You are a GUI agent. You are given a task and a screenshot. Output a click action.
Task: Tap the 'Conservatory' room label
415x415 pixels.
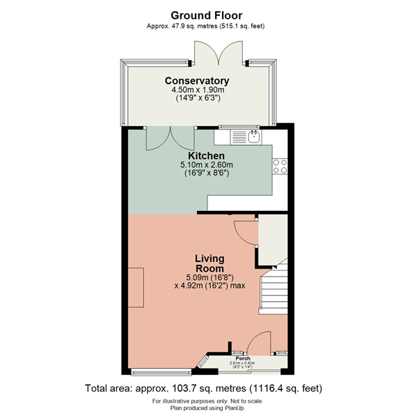(x=201, y=81)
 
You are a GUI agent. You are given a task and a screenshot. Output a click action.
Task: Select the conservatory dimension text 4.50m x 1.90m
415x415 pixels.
(x=201, y=90)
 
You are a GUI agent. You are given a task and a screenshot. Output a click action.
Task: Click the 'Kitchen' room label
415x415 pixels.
(x=201, y=156)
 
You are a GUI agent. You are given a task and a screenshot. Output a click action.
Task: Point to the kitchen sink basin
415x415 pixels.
(x=254, y=136)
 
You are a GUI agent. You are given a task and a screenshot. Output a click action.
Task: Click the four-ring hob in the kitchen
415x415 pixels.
(x=281, y=167)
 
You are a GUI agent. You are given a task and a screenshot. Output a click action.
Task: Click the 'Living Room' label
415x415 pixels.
(x=209, y=263)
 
